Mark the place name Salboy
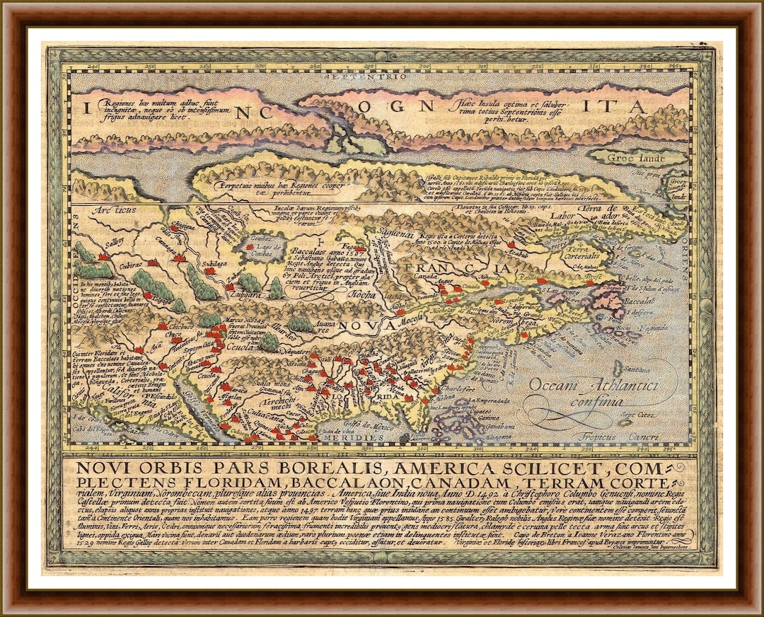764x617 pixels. click(94, 242)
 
